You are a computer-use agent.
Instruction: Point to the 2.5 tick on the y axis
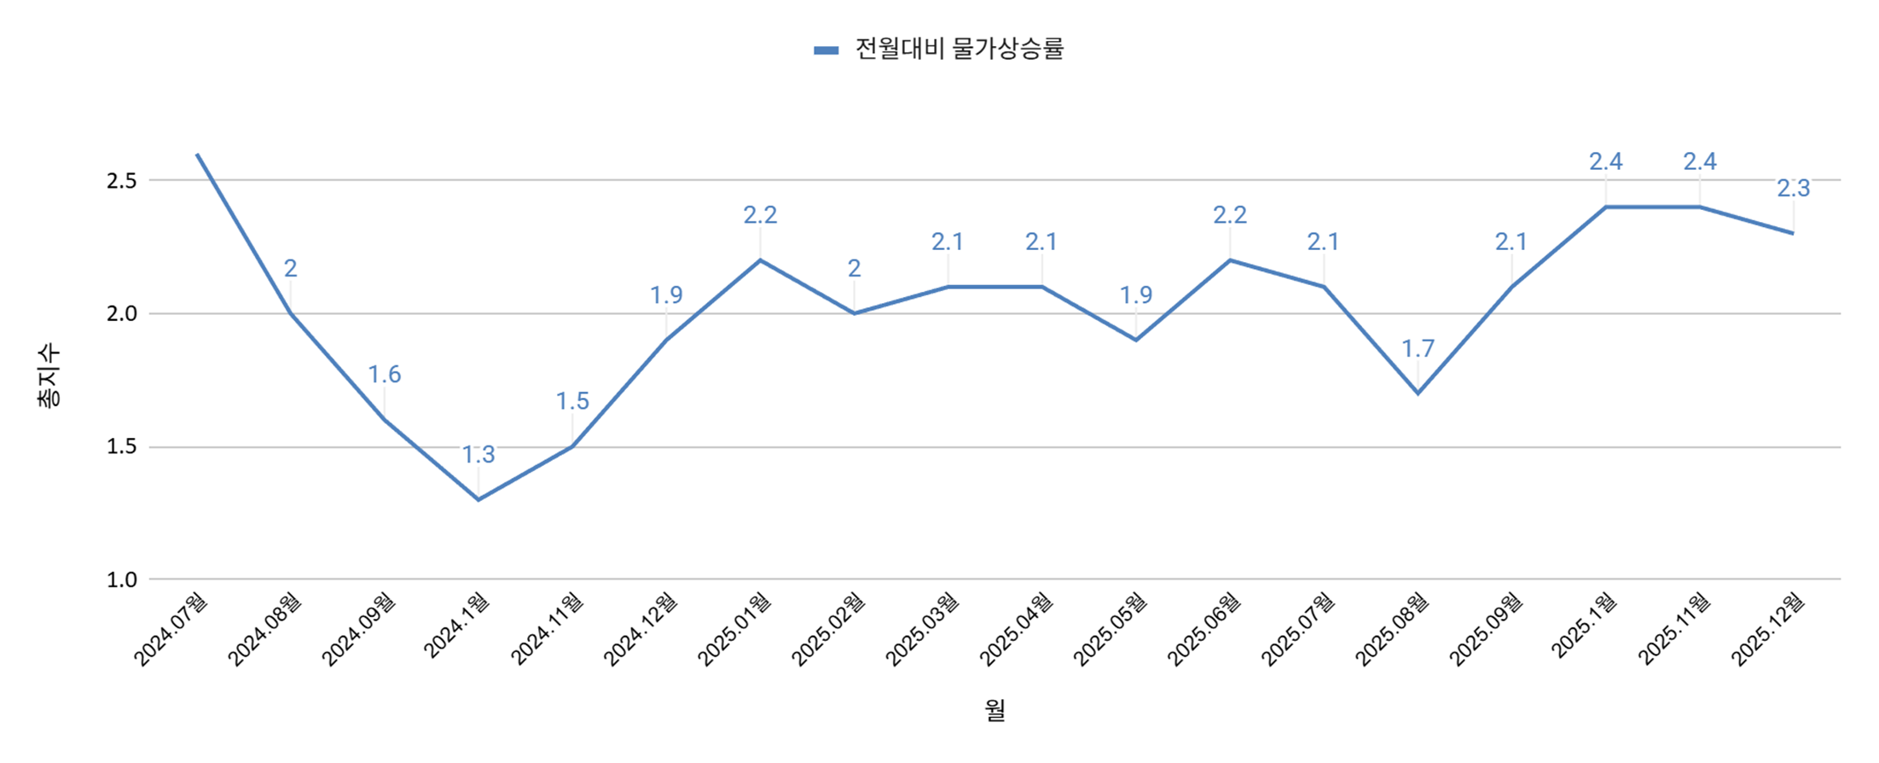[122, 181]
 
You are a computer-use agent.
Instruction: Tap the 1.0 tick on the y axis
[122, 580]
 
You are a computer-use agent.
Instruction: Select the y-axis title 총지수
[49, 376]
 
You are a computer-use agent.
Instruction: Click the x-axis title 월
[995, 710]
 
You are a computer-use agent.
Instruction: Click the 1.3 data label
[478, 455]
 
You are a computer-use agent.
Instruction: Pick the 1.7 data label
[1418, 349]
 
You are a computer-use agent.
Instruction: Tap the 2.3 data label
[1793, 189]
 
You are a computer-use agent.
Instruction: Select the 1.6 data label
[384, 375]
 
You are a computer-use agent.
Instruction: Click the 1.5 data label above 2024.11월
[572, 401]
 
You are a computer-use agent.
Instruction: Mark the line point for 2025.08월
[1418, 393]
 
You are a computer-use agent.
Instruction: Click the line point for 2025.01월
[760, 260]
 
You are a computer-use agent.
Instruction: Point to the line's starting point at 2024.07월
[197, 154]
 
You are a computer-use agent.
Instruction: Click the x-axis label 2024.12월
[641, 628]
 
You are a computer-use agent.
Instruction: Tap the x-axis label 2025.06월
[1204, 628]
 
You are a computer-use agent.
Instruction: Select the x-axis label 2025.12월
[1768, 628]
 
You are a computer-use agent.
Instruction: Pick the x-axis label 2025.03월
[923, 628]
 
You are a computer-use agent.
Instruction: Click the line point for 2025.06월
[1230, 260]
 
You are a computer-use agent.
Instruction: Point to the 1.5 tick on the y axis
[122, 447]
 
